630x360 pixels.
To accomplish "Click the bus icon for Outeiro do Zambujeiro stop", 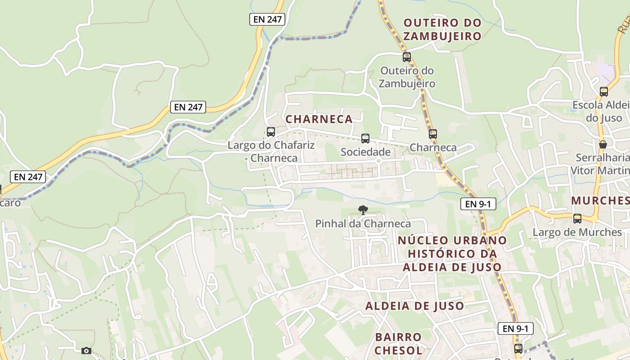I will pyautogui.click(x=407, y=57).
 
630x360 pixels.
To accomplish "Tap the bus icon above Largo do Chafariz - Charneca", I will pyautogui.click(x=271, y=132).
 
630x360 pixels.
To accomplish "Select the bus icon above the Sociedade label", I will pyautogui.click(x=365, y=139).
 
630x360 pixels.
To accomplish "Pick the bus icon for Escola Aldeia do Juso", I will pyautogui.click(x=604, y=92).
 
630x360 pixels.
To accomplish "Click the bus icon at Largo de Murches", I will pyautogui.click(x=577, y=219).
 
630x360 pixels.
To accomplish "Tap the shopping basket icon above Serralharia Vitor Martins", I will pyautogui.click(x=603, y=144).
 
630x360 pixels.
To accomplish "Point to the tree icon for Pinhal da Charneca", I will pyautogui.click(x=363, y=210).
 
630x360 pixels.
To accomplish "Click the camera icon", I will pyautogui.click(x=86, y=351).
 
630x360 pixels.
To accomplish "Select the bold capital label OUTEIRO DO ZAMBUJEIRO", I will pyautogui.click(x=442, y=29).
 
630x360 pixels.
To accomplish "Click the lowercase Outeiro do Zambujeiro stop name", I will pyautogui.click(x=407, y=77).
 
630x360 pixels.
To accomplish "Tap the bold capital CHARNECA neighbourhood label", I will pyautogui.click(x=319, y=119).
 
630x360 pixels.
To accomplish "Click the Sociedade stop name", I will pyautogui.click(x=365, y=152).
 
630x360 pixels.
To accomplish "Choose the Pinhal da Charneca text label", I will pyautogui.click(x=363, y=224).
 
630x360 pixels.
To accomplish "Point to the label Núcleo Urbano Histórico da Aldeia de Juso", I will pyautogui.click(x=452, y=254).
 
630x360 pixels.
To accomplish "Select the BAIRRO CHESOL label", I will pyautogui.click(x=399, y=343).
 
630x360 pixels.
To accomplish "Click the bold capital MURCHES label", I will pyautogui.click(x=601, y=201).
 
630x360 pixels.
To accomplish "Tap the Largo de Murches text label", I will pyautogui.click(x=577, y=232).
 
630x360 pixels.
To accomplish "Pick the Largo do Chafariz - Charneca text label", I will pyautogui.click(x=271, y=152).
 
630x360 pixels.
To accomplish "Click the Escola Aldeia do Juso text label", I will pyautogui.click(x=601, y=112).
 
